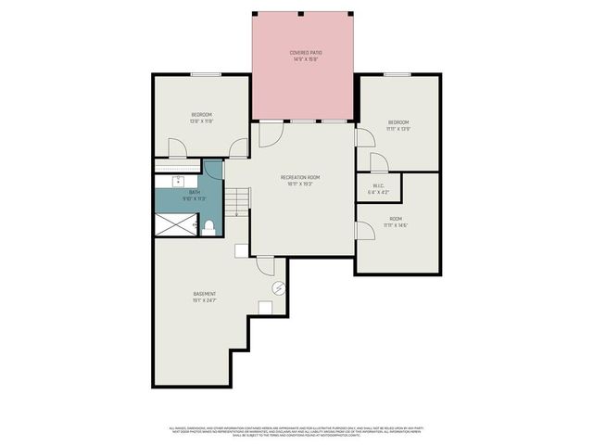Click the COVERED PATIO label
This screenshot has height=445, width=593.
pyautogui.click(x=304, y=54)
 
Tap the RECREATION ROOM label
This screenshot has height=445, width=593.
pyautogui.click(x=300, y=177)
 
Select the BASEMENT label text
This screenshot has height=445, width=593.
pyautogui.click(x=205, y=294)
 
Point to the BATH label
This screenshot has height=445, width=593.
pyautogui.click(x=195, y=192)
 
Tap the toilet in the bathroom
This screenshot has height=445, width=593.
pyautogui.click(x=209, y=225)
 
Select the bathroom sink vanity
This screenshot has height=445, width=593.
pyautogui.click(x=178, y=181)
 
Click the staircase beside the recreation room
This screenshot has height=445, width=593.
pyautogui.click(x=239, y=201)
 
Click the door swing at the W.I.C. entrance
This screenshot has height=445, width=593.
pyautogui.click(x=378, y=163)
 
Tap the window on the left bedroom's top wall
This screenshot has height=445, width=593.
pyautogui.click(x=205, y=74)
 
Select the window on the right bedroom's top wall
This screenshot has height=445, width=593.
pyautogui.click(x=397, y=74)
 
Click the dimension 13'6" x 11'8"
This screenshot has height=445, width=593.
pyautogui.click(x=201, y=121)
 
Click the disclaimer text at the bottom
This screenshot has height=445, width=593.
pyautogui.click(x=296, y=431)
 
